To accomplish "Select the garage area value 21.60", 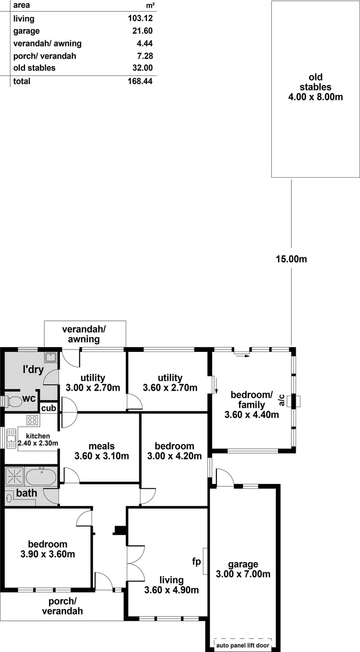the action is point(143,31).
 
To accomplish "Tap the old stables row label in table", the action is point(35,68).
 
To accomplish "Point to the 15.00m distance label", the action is point(291,259).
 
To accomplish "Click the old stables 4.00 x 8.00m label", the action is point(315,97).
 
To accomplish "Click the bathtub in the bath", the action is point(41,477).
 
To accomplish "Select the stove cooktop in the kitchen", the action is point(32,420).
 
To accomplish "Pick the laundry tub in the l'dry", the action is point(50,357).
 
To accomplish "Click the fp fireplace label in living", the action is point(196,561).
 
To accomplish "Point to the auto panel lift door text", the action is point(242,645).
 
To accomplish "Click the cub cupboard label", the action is point(49,409).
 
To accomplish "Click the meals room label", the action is point(101,447).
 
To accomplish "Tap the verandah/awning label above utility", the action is point(84,334).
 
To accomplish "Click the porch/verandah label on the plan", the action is point(62,607).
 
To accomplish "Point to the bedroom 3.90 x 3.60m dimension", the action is point(48,554).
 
